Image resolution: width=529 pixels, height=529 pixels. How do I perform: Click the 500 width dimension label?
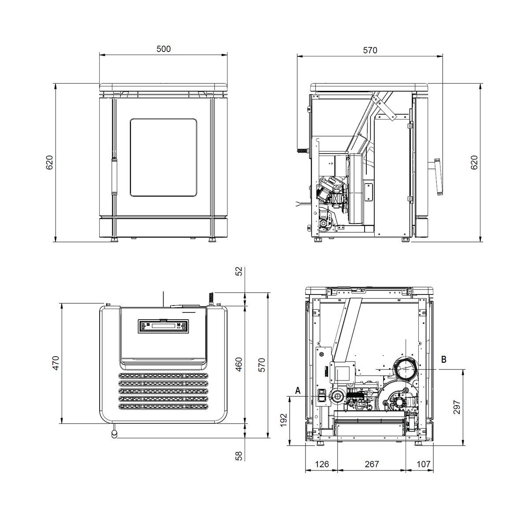[164, 49]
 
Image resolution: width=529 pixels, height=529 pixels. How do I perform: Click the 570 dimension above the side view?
[370, 50]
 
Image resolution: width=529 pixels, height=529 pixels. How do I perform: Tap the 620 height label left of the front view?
[49, 163]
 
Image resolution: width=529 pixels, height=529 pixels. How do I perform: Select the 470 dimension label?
[56, 363]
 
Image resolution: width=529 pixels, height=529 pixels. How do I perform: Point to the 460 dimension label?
[239, 364]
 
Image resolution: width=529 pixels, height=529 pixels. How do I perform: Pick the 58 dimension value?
[239, 456]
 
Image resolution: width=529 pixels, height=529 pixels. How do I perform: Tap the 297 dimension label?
[457, 407]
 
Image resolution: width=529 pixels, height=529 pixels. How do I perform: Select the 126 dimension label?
[322, 464]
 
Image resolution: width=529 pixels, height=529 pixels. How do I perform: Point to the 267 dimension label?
[372, 464]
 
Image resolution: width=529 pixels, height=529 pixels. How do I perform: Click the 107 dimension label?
[424, 464]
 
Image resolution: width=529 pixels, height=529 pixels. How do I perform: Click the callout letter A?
[298, 391]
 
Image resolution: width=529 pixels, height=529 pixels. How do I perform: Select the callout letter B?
[443, 359]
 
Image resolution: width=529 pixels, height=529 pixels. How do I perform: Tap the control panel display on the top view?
[164, 326]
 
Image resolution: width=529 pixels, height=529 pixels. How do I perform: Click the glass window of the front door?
[164, 157]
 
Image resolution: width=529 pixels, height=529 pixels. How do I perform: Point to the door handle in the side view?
[438, 177]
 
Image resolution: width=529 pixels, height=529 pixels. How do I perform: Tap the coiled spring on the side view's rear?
[302, 150]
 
